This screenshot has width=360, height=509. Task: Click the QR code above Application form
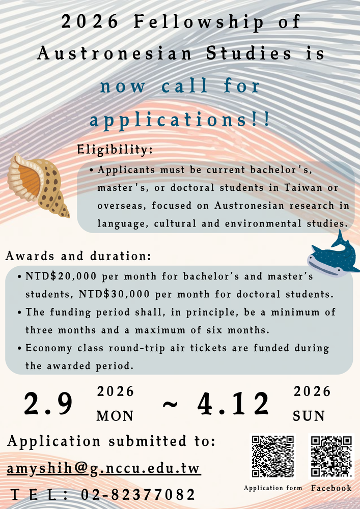(x=273, y=457)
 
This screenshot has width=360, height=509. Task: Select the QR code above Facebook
(x=331, y=457)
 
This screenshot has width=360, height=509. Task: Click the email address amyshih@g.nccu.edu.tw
(x=104, y=468)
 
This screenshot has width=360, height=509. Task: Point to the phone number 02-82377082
(x=137, y=494)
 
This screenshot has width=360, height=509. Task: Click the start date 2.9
(x=49, y=404)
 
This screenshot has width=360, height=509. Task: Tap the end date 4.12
(x=233, y=404)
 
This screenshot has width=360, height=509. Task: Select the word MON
(x=115, y=416)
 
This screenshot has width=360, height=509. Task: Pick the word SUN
(x=309, y=416)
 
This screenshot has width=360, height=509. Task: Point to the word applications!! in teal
(x=180, y=121)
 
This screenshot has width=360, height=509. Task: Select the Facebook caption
(x=331, y=488)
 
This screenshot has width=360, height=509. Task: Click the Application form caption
(x=273, y=488)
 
